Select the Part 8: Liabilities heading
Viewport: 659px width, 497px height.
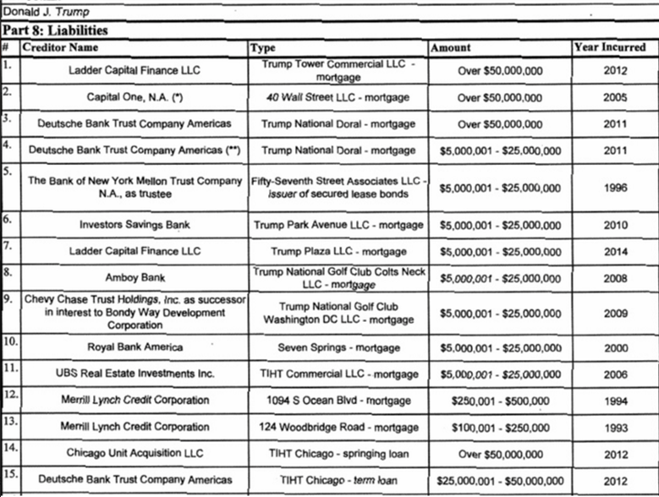point(54,30)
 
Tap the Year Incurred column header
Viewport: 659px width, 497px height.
point(609,47)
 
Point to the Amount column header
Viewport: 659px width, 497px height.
point(451,47)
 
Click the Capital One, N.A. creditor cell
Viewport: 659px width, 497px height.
point(135,97)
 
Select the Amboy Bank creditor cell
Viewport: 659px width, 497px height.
point(135,277)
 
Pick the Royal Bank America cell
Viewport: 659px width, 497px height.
point(135,346)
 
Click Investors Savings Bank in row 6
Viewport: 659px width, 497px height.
point(135,226)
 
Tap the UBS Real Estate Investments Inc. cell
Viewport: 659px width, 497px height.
point(135,373)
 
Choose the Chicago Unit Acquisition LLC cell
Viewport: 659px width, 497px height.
point(135,454)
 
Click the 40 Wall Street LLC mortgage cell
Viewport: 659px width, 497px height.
point(338,97)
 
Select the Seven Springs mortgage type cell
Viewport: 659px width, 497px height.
point(338,346)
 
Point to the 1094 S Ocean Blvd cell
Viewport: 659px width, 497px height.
point(338,400)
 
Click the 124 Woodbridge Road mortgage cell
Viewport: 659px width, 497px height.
point(338,427)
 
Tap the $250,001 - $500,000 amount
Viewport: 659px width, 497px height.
point(498,400)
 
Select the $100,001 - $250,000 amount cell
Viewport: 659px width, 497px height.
point(498,427)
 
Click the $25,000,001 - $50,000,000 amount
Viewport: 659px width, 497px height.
point(498,480)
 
